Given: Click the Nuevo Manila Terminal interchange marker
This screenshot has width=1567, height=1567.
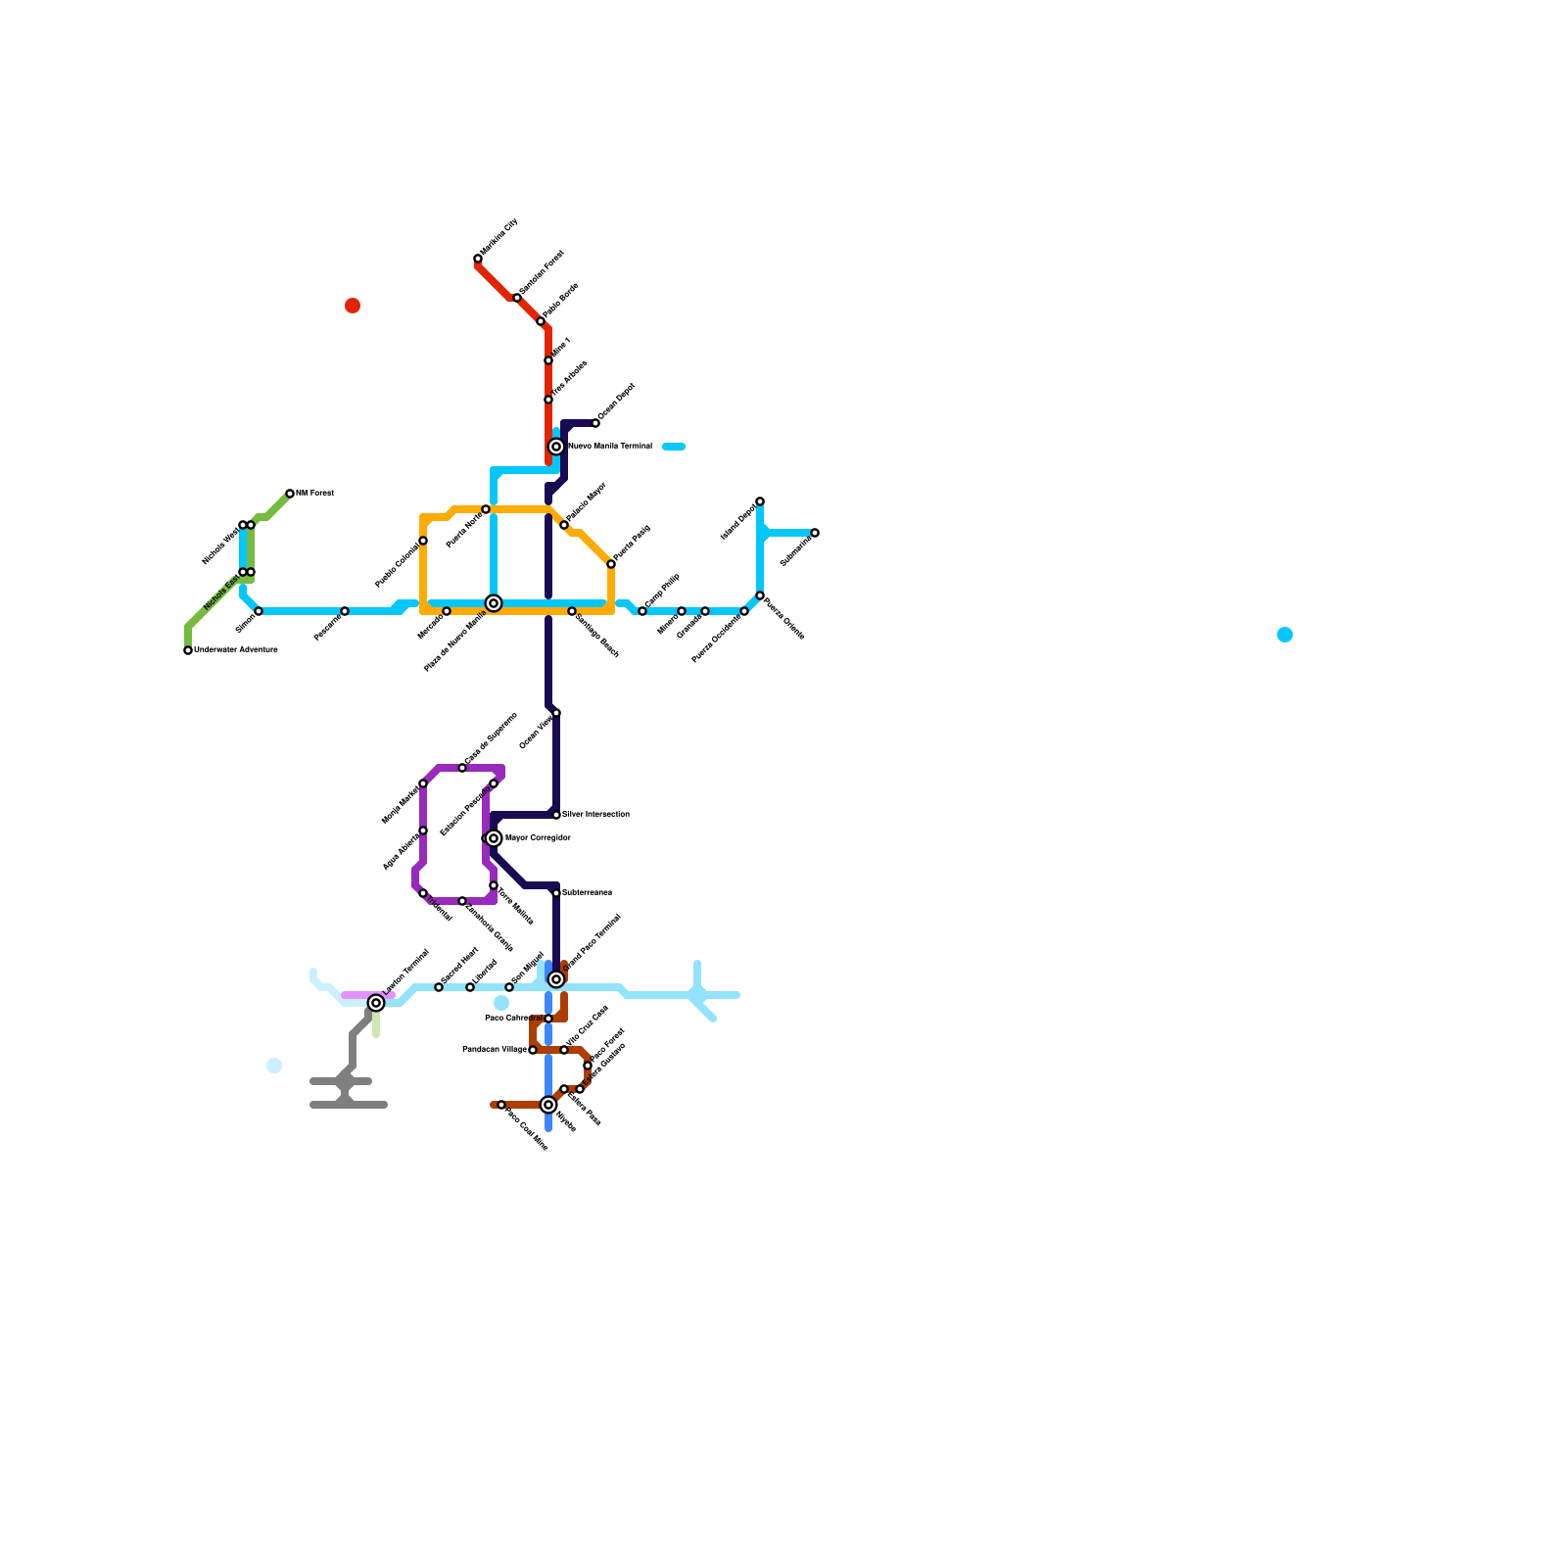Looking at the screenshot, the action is [556, 447].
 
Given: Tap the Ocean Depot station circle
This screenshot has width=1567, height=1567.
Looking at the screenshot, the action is [595, 423].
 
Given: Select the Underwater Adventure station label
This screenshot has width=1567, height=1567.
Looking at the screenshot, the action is [236, 649].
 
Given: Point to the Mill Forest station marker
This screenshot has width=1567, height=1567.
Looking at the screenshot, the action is [290, 494].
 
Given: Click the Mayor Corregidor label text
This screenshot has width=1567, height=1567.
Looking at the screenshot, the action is [538, 838].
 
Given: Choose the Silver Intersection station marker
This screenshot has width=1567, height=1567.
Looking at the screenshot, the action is [556, 815].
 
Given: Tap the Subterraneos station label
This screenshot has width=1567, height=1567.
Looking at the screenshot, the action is [587, 892].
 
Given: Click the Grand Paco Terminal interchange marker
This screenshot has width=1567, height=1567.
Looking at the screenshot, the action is [556, 979].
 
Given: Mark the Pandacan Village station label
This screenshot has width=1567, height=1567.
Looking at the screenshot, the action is [494, 1050].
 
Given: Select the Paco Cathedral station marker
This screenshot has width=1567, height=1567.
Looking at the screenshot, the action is [548, 1019].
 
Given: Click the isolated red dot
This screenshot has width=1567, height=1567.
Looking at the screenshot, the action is [353, 306].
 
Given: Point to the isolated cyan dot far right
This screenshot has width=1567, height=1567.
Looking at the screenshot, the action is [1285, 635].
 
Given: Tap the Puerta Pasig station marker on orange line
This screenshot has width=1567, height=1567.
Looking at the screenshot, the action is [611, 564].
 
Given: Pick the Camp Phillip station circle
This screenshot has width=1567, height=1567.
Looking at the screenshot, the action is [642, 611].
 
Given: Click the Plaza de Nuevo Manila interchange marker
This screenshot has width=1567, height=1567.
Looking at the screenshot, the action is [494, 603].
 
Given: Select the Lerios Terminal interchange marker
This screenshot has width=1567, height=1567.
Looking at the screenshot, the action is [376, 1003].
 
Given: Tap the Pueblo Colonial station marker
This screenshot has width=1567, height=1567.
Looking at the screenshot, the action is [423, 541].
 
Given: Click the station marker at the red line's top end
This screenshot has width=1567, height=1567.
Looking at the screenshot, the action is [478, 259].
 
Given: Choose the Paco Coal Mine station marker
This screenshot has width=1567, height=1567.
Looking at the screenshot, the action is [501, 1105].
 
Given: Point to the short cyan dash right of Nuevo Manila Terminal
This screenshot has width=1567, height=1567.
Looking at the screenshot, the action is [674, 447].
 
